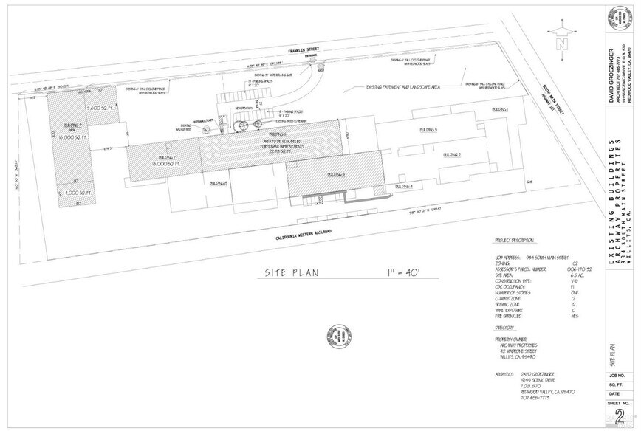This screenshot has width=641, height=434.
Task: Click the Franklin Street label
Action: click(x=304, y=52)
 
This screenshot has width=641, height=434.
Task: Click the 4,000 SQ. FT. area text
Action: click(x=72, y=193)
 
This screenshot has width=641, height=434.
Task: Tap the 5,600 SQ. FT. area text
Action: click(x=97, y=108)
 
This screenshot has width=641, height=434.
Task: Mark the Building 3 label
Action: click(x=428, y=129)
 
